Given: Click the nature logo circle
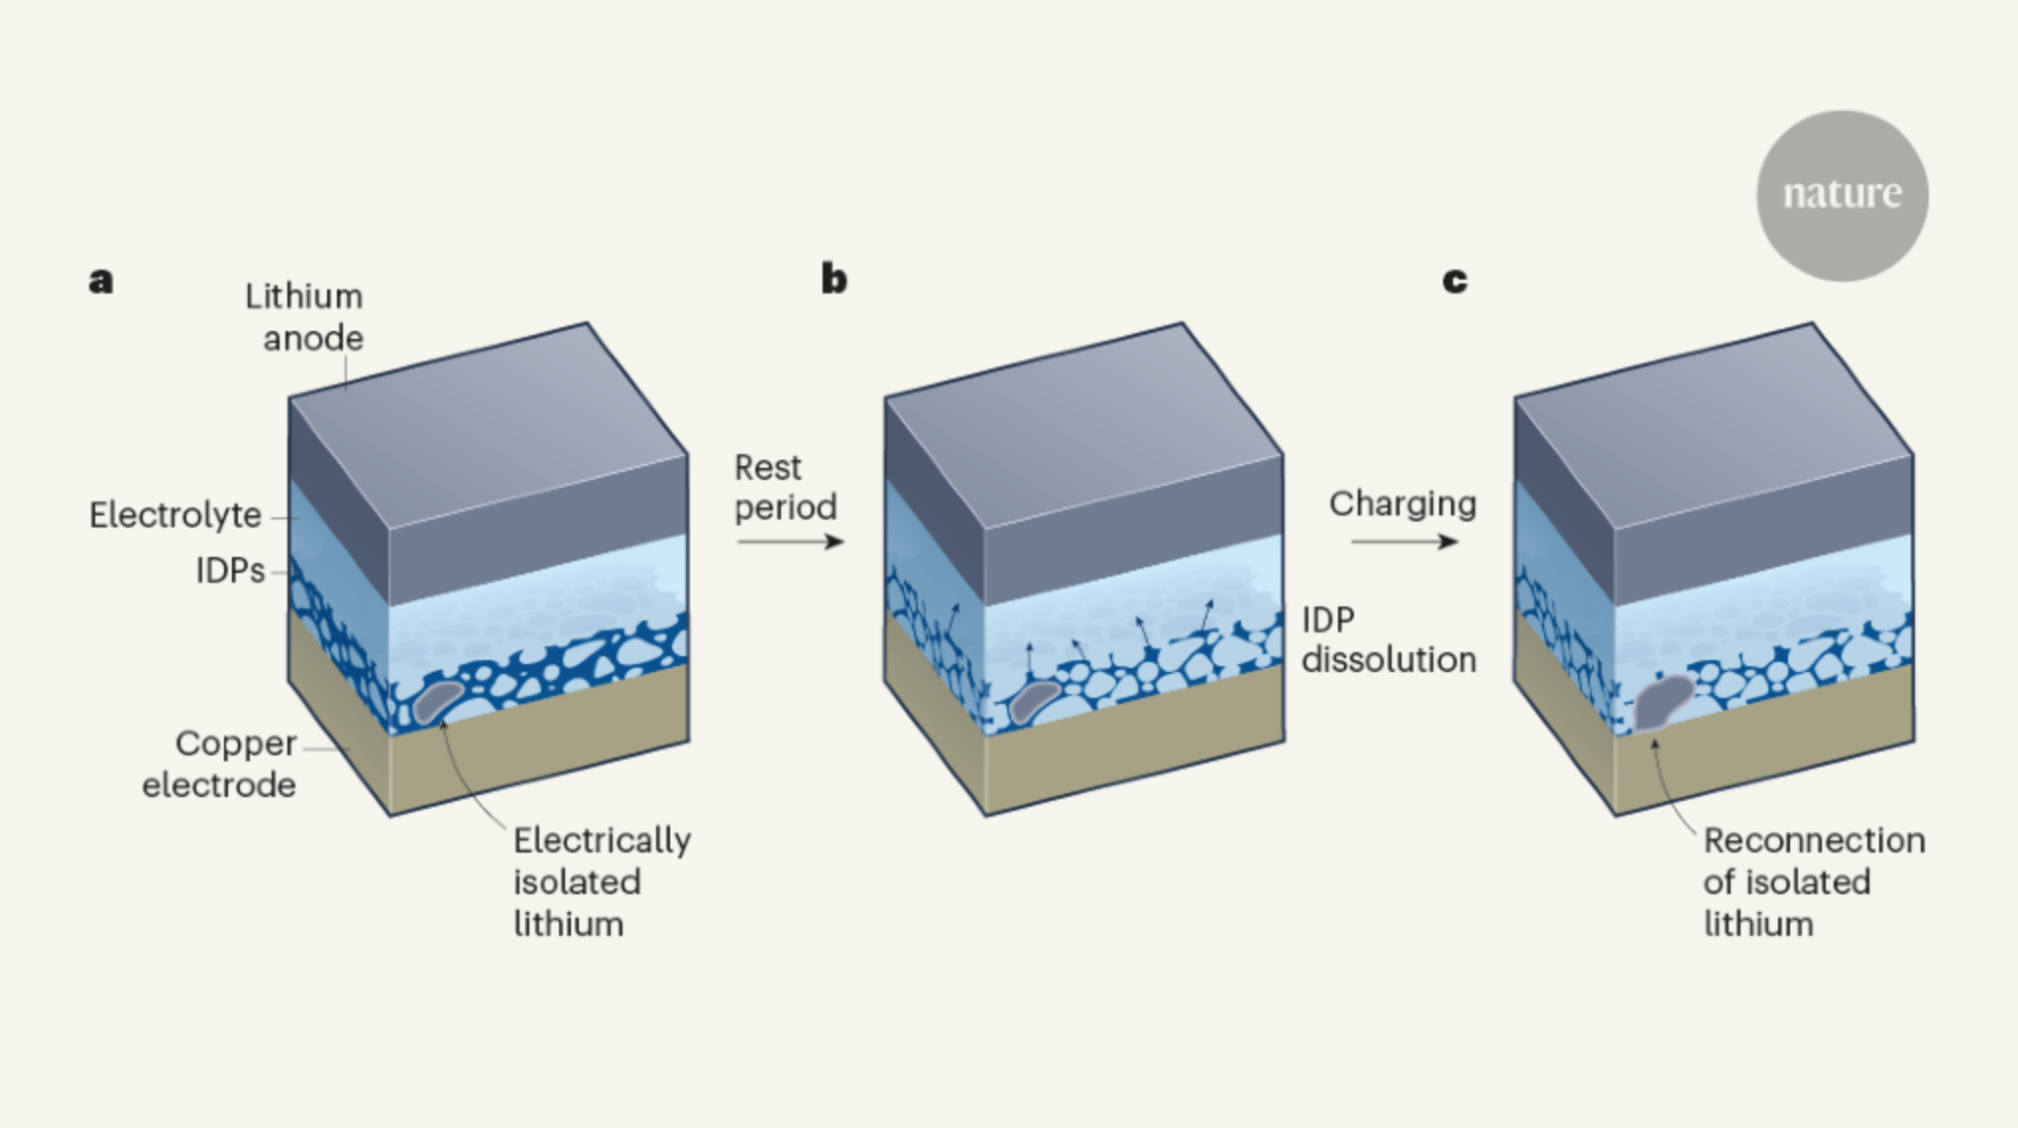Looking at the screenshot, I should (1842, 195).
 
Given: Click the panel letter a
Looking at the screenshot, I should (101, 281).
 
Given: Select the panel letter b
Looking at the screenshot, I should (834, 279).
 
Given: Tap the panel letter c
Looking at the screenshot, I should (1454, 281).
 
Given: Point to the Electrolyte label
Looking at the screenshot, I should (175, 515).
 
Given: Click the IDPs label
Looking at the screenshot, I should (230, 571).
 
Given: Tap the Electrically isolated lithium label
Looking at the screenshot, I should (601, 881).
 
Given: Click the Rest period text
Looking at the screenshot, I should (785, 487).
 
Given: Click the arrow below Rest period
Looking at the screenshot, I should (790, 541).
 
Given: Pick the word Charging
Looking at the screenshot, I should (1402, 504).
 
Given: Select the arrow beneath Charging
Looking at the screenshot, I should (1403, 541).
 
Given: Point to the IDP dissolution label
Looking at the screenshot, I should (1388, 639).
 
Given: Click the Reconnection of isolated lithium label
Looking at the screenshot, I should (1813, 881).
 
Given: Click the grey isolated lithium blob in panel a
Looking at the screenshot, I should (437, 700).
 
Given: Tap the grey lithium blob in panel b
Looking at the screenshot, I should (1034, 702).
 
